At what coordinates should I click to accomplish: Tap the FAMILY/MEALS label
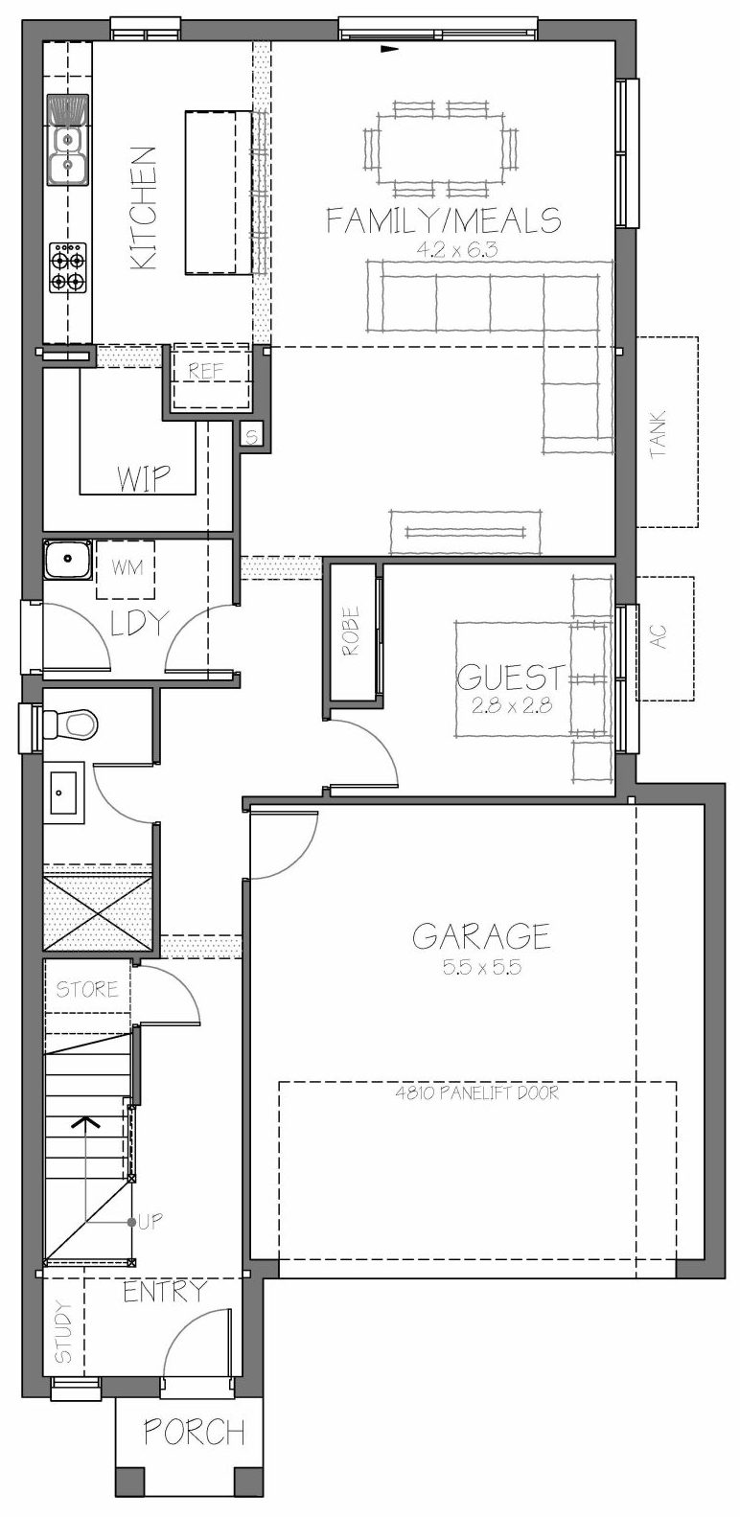[x=444, y=220]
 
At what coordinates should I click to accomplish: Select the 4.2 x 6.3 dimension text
[x=456, y=250]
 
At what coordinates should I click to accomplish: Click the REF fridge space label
[x=206, y=371]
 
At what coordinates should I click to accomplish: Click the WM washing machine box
[x=126, y=569]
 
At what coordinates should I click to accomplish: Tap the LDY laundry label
[x=138, y=624]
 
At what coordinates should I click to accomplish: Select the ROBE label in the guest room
[x=351, y=630]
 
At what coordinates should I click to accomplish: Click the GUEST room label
[x=511, y=677]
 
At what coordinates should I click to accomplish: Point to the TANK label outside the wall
[x=658, y=433]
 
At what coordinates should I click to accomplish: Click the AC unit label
[x=660, y=636]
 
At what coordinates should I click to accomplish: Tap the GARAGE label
[x=481, y=936]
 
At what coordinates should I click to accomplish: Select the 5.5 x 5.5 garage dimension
[x=482, y=967]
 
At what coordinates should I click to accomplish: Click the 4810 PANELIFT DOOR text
[x=477, y=1092]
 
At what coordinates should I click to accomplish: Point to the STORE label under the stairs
[x=86, y=989]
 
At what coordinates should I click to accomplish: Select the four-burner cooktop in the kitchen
[x=68, y=267]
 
